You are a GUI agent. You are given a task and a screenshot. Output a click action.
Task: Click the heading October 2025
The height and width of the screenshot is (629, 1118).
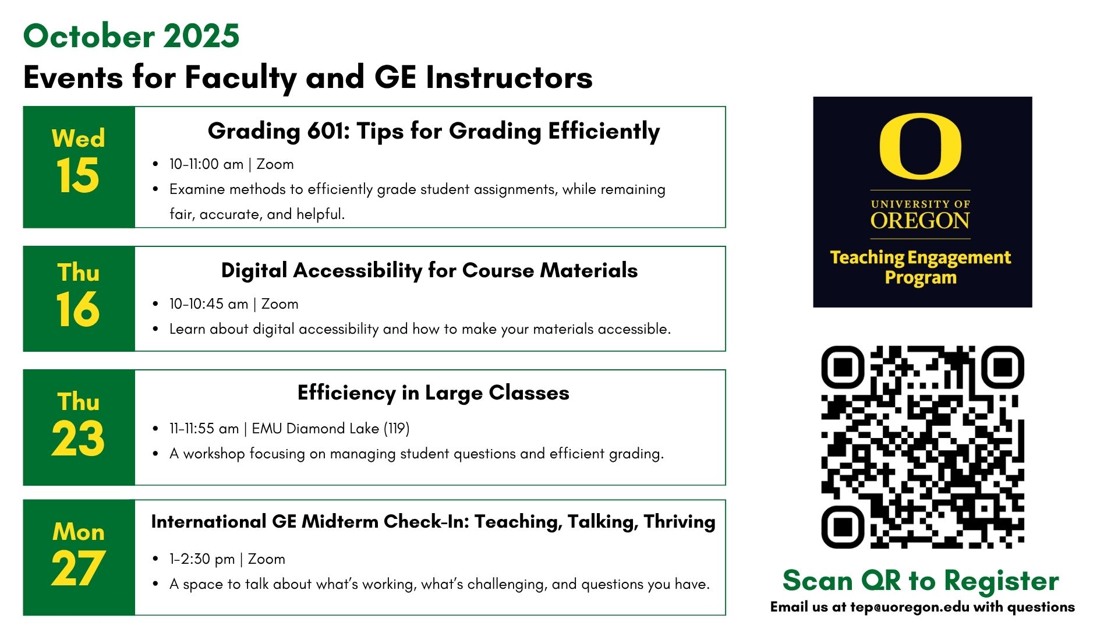coord(131,36)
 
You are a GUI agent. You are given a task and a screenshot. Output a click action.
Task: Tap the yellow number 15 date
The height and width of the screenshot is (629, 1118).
coord(78,175)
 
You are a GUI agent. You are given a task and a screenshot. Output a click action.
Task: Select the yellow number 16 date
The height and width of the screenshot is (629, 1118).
coord(78,309)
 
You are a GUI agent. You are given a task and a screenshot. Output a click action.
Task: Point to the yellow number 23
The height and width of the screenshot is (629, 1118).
coord(78,438)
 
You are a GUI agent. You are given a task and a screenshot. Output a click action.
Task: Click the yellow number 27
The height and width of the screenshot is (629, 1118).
coord(78,568)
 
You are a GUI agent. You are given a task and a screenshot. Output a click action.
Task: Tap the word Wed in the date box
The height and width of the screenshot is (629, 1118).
coord(78,138)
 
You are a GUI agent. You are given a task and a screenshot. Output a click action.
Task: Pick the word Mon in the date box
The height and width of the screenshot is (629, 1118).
coord(78,532)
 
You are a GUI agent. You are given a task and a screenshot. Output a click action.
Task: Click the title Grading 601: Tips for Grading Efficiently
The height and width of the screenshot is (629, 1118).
coord(434,131)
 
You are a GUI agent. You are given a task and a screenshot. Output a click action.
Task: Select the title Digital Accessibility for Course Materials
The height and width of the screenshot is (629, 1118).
coord(429,270)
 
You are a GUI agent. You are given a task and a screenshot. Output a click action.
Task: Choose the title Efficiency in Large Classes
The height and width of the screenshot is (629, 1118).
coord(433,393)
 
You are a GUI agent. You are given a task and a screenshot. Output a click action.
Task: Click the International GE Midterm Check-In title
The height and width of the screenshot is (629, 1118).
coord(433,522)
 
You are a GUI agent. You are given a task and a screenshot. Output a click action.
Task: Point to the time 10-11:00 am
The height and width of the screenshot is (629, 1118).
coord(206,164)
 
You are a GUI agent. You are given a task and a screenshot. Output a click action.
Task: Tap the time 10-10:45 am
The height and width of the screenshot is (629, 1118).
coord(208,304)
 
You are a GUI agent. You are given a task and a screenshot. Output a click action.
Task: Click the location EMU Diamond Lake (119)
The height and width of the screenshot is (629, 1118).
coord(331,429)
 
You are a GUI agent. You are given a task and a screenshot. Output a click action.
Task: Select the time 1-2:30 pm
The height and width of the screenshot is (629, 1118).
coord(202,559)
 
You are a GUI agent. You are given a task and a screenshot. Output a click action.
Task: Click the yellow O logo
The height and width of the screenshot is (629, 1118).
coord(920,146)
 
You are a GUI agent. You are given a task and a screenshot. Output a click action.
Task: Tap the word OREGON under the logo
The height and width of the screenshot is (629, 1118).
coord(920,221)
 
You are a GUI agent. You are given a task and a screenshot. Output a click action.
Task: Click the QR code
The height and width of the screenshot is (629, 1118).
coord(922,447)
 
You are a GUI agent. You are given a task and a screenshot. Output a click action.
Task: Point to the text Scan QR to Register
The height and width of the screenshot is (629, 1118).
coord(921,581)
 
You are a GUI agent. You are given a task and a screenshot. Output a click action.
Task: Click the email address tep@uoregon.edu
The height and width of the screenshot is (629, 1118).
coord(910,607)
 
